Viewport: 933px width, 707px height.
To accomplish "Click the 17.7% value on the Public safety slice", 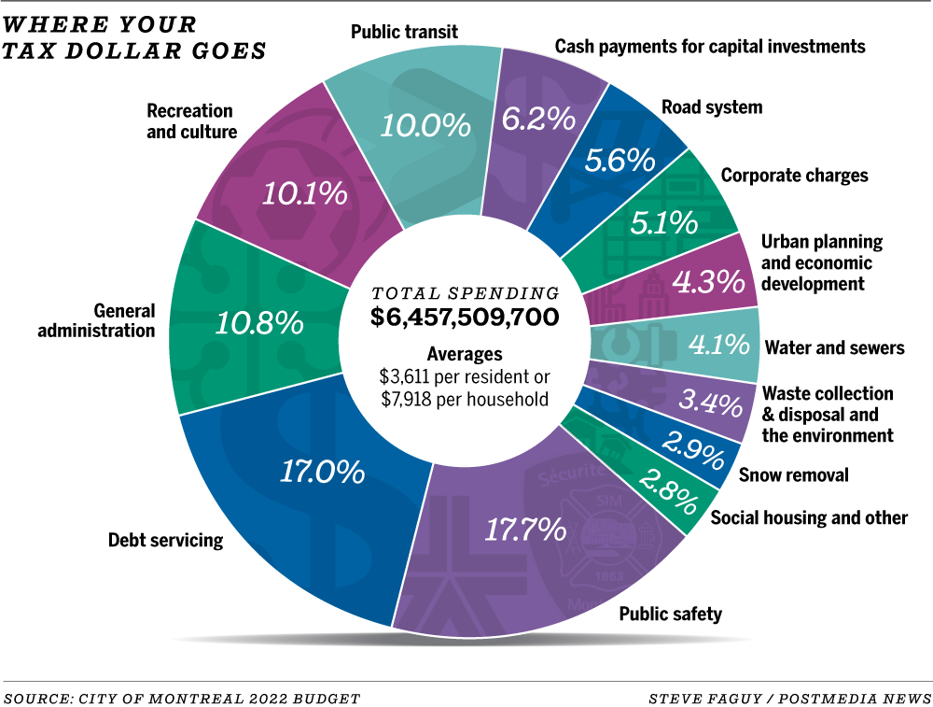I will [x=525, y=530].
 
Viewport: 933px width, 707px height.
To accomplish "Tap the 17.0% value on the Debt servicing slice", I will [x=322, y=472].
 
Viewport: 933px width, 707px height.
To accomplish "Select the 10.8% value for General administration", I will [x=259, y=323].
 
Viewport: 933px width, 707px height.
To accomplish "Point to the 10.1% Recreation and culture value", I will [x=304, y=193].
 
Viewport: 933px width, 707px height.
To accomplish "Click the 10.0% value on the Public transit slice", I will [x=425, y=125].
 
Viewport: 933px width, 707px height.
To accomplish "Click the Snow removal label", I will [x=793, y=475].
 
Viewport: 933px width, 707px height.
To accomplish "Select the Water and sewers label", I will [x=834, y=348].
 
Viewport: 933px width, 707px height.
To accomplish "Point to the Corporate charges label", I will [x=794, y=176].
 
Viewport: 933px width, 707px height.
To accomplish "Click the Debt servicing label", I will [x=165, y=540].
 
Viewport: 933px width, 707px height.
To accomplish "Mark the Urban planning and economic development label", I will [x=821, y=262].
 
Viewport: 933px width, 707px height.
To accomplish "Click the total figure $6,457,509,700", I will [x=465, y=318].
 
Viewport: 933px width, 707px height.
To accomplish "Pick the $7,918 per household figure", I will [x=465, y=399].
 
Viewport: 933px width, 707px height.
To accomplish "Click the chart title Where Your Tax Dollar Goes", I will [x=135, y=36].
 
